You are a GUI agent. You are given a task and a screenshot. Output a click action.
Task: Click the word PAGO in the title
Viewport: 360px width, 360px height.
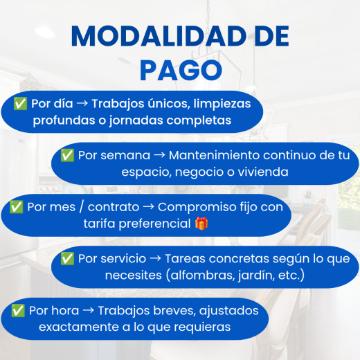click(181, 71)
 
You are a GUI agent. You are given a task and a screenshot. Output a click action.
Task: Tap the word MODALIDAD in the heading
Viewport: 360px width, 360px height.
click(159, 36)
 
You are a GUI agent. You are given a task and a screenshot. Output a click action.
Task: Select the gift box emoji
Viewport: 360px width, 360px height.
click(201, 224)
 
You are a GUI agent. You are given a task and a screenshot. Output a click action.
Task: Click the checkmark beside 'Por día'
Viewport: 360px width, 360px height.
click(20, 103)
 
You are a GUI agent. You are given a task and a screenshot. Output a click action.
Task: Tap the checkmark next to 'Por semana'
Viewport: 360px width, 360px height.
click(67, 155)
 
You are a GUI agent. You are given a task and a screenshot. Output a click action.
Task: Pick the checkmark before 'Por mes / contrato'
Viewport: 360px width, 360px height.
click(16, 207)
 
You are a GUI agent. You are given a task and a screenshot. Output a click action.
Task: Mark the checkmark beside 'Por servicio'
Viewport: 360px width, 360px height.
click(67, 258)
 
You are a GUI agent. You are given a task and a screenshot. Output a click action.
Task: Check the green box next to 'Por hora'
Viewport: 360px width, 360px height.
click(18, 310)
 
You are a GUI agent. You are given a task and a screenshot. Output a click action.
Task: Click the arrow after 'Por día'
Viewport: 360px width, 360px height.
click(82, 103)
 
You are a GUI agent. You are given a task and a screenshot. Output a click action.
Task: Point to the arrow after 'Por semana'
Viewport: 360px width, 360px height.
click(159, 155)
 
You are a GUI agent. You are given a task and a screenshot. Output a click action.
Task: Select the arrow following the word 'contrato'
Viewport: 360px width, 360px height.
click(148, 207)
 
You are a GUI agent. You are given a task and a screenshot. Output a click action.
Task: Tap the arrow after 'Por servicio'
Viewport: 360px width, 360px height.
click(155, 258)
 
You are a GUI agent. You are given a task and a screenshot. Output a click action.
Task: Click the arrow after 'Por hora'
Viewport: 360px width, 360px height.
click(89, 310)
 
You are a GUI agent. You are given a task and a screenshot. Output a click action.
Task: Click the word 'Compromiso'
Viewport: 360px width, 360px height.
click(197, 208)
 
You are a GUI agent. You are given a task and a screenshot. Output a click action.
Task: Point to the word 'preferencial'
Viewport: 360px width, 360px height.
click(154, 224)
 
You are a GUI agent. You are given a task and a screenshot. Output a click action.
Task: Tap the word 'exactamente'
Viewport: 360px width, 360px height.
click(79, 327)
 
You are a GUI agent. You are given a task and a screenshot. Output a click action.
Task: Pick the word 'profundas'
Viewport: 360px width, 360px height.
click(64, 120)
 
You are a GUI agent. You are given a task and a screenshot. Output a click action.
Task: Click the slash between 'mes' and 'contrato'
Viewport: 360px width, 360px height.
click(82, 207)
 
